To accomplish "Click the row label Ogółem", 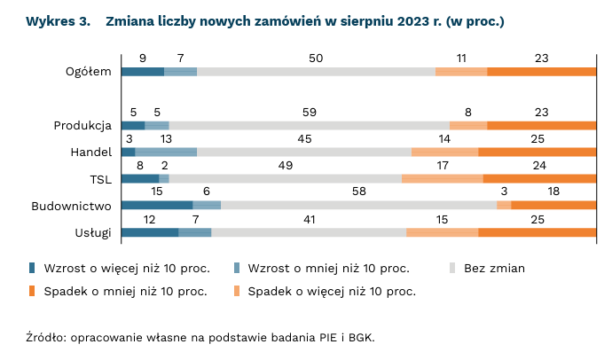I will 88,72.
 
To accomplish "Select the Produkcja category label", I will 82,126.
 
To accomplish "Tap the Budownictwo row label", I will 71,206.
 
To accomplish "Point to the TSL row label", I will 100,179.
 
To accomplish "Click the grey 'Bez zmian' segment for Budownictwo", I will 358,206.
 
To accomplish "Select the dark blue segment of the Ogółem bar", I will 142,72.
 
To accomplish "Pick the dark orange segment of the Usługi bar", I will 537,233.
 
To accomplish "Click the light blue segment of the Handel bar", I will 166,153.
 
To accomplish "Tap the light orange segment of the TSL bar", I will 442,179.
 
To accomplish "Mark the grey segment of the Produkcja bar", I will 309,126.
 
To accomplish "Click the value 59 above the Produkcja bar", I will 310,112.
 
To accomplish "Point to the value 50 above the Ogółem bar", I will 316,58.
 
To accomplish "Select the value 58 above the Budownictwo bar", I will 359,192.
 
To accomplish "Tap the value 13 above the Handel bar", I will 166,138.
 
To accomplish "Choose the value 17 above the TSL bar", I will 443,165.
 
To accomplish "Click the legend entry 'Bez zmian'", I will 494,268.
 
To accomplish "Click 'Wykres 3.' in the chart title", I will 59,20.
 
